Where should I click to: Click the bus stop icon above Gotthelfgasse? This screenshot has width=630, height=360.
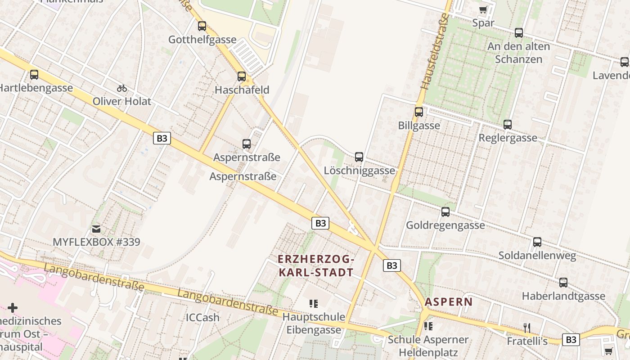[x=202, y=26]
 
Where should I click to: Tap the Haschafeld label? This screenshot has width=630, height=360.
[x=242, y=90]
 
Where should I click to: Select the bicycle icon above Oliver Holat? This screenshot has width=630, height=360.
[x=122, y=88]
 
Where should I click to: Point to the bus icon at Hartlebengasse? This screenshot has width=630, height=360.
[x=34, y=75]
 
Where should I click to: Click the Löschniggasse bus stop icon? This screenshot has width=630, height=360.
[x=359, y=157]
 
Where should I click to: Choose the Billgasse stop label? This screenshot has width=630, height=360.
[x=419, y=126]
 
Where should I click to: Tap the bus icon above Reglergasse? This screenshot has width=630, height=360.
[x=508, y=125]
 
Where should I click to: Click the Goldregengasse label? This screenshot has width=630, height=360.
[x=445, y=225]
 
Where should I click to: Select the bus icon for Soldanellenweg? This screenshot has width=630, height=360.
[x=537, y=242]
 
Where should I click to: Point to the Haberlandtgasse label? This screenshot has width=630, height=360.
[x=563, y=296]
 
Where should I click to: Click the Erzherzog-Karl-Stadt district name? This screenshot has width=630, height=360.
[x=316, y=266]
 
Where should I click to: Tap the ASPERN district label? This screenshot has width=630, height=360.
[x=449, y=302]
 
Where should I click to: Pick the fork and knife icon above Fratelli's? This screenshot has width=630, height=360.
[x=527, y=328]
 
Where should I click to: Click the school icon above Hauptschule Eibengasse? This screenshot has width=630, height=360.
[x=314, y=304]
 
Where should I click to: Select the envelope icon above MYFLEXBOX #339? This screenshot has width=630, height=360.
[x=96, y=229]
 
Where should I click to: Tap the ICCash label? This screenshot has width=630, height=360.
[x=202, y=318]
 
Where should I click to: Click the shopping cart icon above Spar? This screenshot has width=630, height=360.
[x=483, y=9]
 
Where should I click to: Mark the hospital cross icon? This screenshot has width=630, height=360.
[x=13, y=308]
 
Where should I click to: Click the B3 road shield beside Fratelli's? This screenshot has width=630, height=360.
[x=571, y=340]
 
